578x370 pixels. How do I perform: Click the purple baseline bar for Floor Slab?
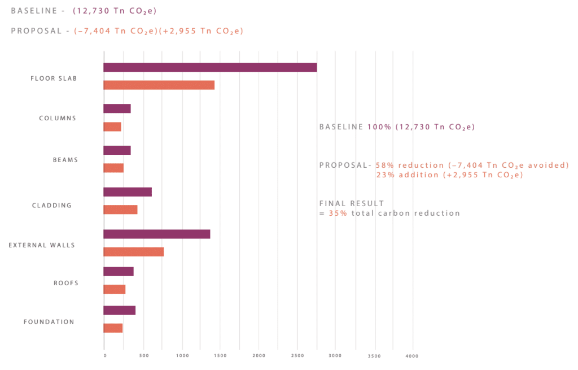tap(210, 67)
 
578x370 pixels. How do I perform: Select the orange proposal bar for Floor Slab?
tap(159, 85)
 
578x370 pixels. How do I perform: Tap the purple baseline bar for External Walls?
tap(156, 234)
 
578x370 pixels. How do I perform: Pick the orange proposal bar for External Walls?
tap(133, 252)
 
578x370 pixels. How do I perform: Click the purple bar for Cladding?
tap(128, 192)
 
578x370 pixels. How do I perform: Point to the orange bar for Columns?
tap(112, 127)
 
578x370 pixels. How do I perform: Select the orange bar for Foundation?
tap(113, 328)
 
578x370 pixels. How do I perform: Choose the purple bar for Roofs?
tap(119, 272)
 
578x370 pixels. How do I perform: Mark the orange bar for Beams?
tap(113, 168)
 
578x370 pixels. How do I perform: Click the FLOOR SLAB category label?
tap(54, 79)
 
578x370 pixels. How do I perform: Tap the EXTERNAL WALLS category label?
tap(42, 245)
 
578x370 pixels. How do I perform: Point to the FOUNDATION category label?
tap(49, 322)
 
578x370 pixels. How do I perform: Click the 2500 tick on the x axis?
tap(297, 356)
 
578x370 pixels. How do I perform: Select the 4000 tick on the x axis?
tap(412, 356)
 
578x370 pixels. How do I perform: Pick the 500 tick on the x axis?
tap(143, 356)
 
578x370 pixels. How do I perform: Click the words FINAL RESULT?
tap(351, 203)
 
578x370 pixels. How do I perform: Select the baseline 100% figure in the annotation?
tap(379, 127)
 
